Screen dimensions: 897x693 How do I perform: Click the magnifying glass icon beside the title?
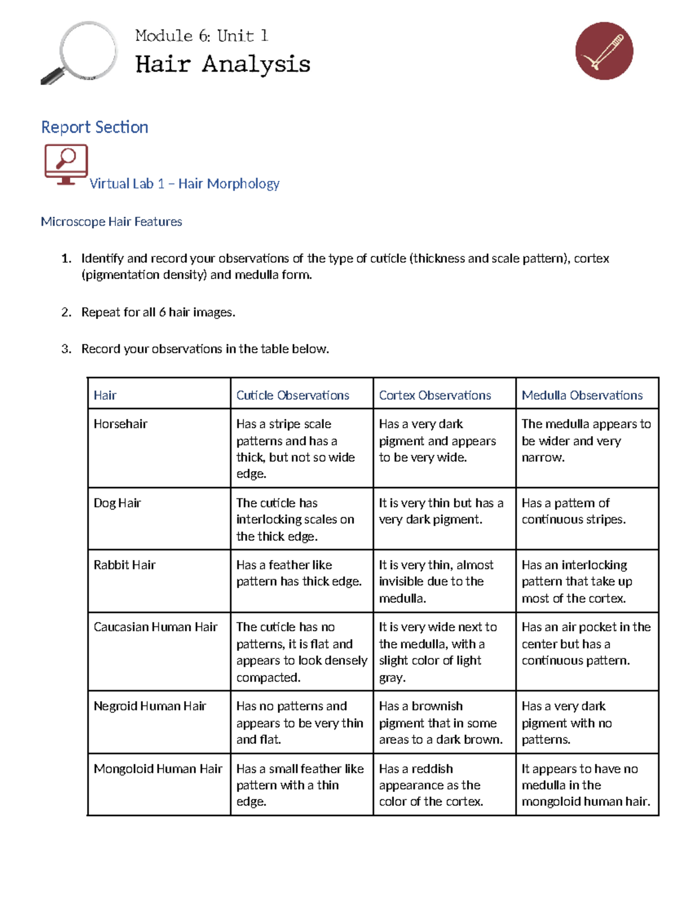point(81,53)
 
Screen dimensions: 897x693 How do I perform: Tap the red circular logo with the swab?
point(604,51)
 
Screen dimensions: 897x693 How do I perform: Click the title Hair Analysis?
point(223,64)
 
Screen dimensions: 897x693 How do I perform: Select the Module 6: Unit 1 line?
point(202,36)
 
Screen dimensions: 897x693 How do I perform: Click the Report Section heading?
point(95,127)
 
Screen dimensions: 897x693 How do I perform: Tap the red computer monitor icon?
point(66,164)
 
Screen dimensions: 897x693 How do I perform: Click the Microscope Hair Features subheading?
point(111,222)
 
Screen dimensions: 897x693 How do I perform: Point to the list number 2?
point(66,312)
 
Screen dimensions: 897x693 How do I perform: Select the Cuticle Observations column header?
point(293,395)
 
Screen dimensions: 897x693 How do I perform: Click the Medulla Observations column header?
point(582,395)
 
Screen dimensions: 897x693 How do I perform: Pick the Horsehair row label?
point(121,424)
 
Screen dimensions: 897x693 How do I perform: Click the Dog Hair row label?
point(117,503)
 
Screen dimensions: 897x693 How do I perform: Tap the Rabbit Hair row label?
point(125,565)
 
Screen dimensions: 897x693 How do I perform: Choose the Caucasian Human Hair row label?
point(155,627)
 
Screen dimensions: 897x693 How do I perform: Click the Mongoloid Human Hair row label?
point(158,769)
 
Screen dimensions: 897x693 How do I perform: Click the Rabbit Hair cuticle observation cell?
point(299,573)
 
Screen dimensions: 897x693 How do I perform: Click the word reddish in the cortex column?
point(433,769)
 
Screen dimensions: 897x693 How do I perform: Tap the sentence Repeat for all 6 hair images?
point(158,312)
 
